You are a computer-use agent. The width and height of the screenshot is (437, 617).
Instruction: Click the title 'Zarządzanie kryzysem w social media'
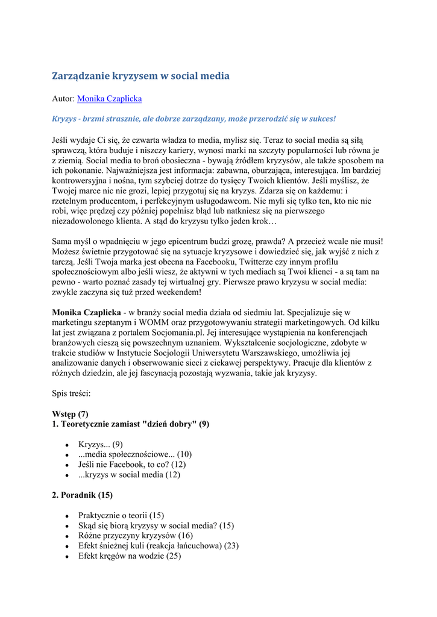[140, 76]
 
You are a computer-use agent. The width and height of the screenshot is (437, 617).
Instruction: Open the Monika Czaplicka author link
[110, 98]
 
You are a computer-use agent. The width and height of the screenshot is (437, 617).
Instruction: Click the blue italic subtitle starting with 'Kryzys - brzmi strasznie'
[193, 119]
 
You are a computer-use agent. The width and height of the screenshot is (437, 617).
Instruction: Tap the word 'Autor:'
[63, 98]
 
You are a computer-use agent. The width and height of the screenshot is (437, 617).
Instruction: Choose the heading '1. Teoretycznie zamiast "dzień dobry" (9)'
[131, 424]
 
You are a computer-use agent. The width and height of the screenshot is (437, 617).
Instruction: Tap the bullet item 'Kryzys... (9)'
[101, 445]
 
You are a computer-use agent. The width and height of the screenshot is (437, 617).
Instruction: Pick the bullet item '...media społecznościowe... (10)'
[135, 454]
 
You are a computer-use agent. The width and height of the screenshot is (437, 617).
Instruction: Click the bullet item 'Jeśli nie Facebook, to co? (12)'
[132, 465]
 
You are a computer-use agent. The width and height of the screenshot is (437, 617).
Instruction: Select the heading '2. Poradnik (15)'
[82, 495]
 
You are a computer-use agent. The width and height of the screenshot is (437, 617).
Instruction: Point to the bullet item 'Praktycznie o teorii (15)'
[121, 516]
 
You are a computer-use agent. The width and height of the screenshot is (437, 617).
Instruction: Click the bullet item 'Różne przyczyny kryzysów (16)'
[136, 536]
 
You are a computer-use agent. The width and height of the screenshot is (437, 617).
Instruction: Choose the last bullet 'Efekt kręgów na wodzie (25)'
[130, 556]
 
